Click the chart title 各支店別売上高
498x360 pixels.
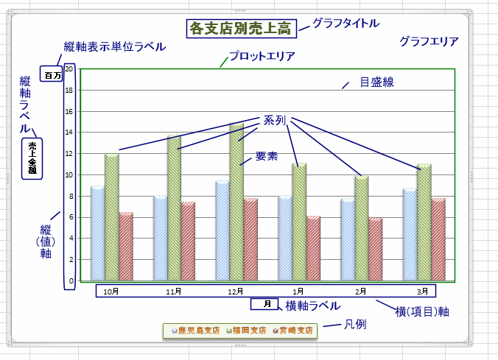(241, 29)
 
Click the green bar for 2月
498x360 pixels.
(361, 228)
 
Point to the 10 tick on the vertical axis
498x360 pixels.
(69, 175)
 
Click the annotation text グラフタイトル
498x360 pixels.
(346, 23)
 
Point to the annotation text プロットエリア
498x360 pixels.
(262, 56)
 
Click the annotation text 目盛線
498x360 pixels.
(376, 82)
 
